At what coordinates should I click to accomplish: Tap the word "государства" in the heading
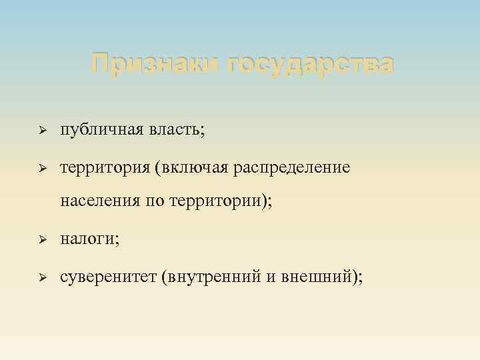(310, 65)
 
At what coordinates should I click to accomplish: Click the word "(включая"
(191, 167)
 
